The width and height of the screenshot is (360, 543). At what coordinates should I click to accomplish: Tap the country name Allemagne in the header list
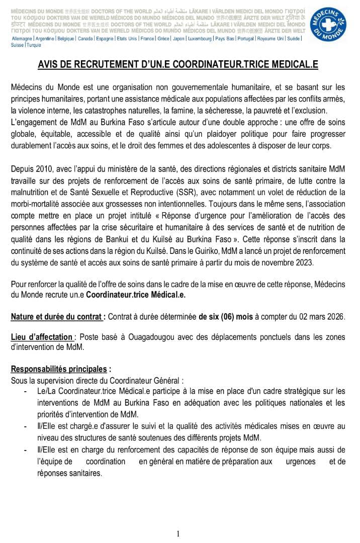click(x=22, y=39)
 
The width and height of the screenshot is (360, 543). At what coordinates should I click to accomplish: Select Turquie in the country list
click(x=34, y=45)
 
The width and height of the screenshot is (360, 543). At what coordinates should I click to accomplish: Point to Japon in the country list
click(x=178, y=39)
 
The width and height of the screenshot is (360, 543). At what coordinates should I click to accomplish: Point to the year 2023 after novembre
click(x=303, y=262)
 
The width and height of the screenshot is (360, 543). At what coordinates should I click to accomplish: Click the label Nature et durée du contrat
click(x=58, y=317)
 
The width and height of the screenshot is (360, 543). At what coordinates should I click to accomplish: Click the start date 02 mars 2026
click(x=319, y=317)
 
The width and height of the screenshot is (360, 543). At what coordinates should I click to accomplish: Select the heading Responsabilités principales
click(x=60, y=369)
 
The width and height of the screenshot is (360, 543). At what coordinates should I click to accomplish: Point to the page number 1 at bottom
click(x=178, y=534)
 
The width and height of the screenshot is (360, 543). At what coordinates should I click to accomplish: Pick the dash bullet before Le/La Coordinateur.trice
click(x=25, y=391)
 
